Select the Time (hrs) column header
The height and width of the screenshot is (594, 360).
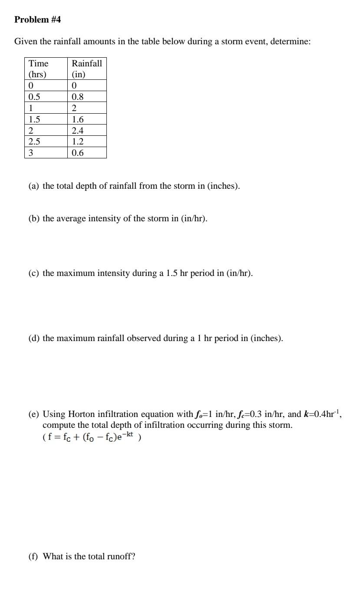(x=39, y=69)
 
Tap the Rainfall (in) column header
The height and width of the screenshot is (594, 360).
(x=87, y=69)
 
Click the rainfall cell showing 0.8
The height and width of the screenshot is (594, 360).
(x=78, y=96)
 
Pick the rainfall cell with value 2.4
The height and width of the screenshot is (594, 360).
(x=78, y=130)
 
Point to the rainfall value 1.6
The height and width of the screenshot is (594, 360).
(x=78, y=119)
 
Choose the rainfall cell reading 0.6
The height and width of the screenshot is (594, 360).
(x=78, y=153)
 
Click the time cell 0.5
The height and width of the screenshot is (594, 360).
(x=34, y=96)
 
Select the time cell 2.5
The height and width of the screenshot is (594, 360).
(x=34, y=141)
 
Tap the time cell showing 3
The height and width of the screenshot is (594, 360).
(x=31, y=153)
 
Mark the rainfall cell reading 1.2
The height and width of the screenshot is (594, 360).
(x=78, y=141)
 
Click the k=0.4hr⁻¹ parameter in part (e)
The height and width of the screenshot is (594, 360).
(x=321, y=414)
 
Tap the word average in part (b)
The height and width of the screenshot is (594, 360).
(x=71, y=219)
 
